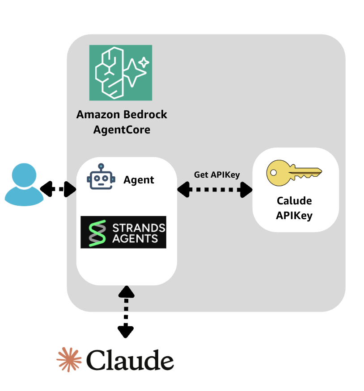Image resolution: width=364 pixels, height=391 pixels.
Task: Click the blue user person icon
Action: (24, 185)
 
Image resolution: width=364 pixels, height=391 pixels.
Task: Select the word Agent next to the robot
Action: (139, 180)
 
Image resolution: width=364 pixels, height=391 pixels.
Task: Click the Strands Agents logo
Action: (123, 232)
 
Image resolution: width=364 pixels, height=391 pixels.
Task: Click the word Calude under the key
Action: (294, 201)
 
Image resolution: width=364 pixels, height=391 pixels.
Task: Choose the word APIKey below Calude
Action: (294, 216)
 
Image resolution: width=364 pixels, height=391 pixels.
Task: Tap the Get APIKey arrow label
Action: (217, 175)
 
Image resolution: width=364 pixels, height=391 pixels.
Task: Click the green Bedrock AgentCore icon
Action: (121, 73)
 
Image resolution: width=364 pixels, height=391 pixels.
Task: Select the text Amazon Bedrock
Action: (122, 115)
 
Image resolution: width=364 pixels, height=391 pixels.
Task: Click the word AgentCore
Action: (122, 130)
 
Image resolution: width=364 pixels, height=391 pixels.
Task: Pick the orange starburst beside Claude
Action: (69, 359)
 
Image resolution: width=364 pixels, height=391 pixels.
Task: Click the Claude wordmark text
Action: (130, 359)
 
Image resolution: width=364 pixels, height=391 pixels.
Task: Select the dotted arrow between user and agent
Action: (58, 189)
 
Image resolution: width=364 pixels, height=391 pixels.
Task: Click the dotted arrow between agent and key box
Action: (215, 190)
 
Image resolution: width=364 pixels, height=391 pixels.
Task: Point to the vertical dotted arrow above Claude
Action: (126, 312)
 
